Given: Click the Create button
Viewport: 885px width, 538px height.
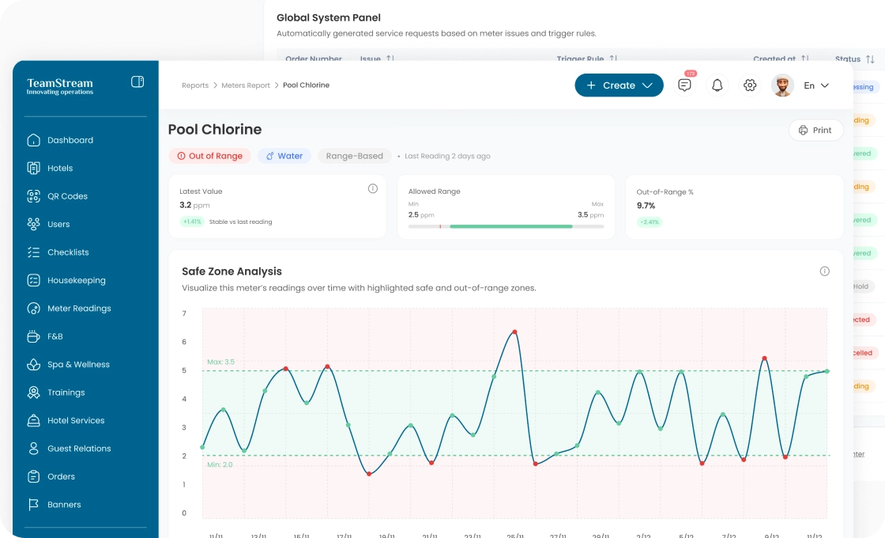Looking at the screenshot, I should tap(619, 85).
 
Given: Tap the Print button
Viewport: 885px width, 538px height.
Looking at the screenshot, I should tap(815, 131).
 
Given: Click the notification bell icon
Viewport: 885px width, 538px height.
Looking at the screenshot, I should tap(717, 85).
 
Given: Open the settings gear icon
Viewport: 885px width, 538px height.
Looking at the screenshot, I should tap(750, 85).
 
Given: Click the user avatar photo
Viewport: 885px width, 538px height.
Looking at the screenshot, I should tap(782, 85).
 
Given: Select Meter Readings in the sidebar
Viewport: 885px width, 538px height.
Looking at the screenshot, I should tap(79, 309).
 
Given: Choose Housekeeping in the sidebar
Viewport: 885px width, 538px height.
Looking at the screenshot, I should tap(76, 280).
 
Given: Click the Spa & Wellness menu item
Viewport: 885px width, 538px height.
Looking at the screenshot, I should tap(78, 365).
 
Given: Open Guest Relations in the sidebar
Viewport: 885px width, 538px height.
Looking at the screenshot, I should tap(79, 449).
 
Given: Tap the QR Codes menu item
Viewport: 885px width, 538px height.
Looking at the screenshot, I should tap(67, 196).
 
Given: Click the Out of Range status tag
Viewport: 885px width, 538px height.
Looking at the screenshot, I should tap(209, 156).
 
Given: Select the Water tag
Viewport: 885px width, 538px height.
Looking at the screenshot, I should tap(284, 156).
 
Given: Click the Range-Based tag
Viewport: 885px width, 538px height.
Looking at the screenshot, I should tap(354, 156).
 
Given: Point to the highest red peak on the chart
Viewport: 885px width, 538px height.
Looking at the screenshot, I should tap(514, 332).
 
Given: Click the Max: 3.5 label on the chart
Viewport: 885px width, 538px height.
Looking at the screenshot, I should tap(220, 362).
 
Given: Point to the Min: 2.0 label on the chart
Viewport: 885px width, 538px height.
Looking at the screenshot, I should tap(220, 465).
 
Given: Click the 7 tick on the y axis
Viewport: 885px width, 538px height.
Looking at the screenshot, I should tap(184, 314).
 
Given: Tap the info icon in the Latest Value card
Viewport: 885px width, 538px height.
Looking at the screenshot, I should tap(373, 188).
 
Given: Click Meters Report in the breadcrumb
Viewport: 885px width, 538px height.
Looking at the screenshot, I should tap(246, 85).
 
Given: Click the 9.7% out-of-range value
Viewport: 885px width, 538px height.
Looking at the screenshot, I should tap(646, 206).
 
